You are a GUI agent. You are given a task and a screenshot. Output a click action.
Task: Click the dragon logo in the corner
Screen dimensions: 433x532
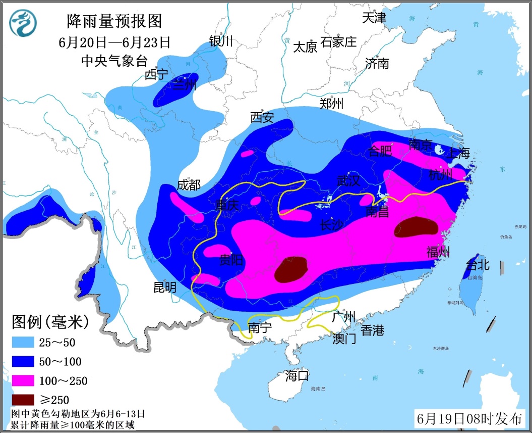(x=23, y=24)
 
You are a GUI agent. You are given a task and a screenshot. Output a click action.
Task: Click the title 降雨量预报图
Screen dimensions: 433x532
(x=114, y=21)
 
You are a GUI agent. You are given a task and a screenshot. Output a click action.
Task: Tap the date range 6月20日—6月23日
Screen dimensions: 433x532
(x=114, y=42)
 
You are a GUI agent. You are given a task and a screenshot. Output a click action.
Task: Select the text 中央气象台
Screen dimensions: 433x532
(x=114, y=61)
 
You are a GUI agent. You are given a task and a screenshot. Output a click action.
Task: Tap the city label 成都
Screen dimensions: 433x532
(x=189, y=184)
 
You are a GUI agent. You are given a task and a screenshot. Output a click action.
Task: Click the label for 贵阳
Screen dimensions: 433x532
(x=231, y=260)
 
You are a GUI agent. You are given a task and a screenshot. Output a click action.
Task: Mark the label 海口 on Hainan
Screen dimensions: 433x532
(x=297, y=376)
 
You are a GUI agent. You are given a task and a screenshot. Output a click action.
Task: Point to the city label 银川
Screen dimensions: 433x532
(x=221, y=41)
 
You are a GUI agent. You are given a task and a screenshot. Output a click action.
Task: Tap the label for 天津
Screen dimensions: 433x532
(x=374, y=18)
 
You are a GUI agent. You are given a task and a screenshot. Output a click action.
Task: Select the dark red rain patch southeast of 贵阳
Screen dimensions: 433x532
(x=291, y=269)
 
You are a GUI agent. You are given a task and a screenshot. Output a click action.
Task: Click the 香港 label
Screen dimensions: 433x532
(x=373, y=330)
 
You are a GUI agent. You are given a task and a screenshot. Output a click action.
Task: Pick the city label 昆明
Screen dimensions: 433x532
(x=165, y=287)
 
